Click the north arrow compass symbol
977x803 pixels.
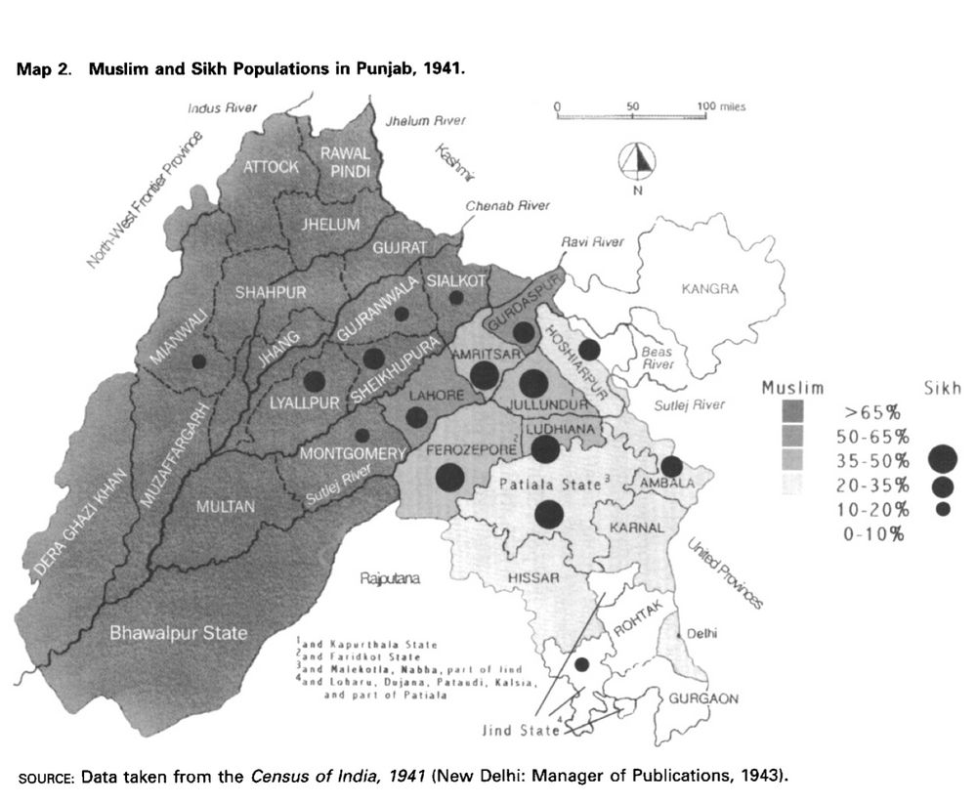point(637,160)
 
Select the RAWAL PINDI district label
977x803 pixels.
point(344,162)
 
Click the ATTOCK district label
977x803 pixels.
point(271,167)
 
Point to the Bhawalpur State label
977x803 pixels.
point(178,633)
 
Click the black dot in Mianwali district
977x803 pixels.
point(199,361)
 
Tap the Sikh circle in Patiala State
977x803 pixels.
point(549,514)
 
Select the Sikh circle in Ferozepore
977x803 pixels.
point(449,478)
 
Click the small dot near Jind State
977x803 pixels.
point(581,664)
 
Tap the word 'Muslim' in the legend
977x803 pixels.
point(792,389)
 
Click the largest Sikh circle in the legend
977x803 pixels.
point(943,457)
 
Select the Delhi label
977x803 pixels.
point(701,633)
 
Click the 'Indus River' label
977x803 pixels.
point(222,107)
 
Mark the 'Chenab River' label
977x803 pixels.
point(507,206)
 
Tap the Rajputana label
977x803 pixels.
point(389,578)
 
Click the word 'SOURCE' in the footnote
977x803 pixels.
point(46,779)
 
